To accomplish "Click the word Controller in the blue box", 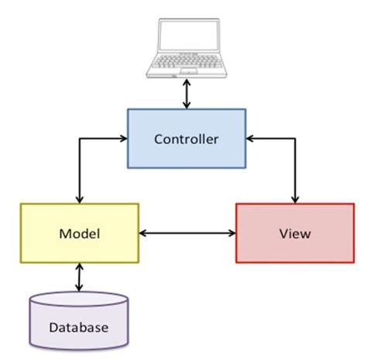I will click(187, 139).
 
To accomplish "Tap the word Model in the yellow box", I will click(79, 232).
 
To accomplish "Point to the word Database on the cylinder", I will click(78, 327).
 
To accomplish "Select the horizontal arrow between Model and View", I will click(187, 232).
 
